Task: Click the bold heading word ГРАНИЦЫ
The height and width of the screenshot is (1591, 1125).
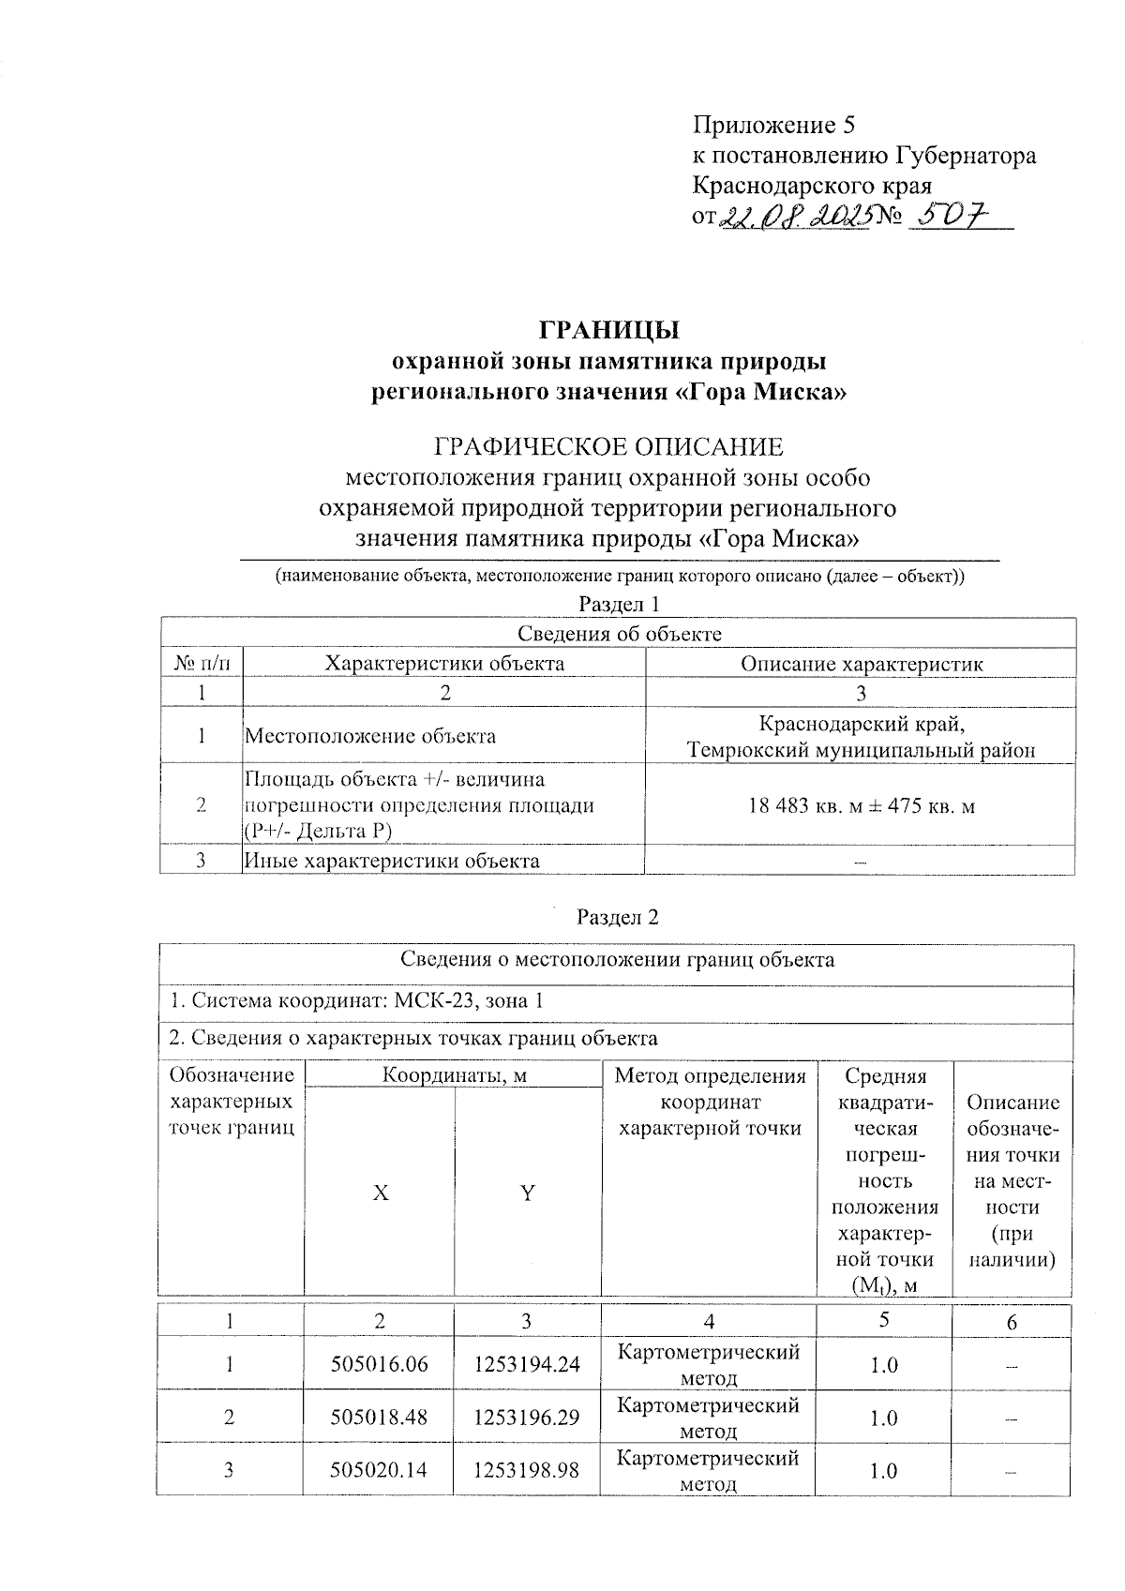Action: pyautogui.click(x=608, y=330)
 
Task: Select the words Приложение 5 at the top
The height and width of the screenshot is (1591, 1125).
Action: pyautogui.click(x=774, y=125)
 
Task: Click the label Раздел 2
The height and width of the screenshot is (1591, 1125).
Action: pyautogui.click(x=618, y=917)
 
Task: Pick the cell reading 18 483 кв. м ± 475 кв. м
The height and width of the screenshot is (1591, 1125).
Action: pyautogui.click(x=862, y=805)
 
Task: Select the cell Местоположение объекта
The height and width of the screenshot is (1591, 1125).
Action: pyautogui.click(x=371, y=736)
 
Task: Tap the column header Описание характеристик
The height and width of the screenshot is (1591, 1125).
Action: pyautogui.click(x=862, y=664)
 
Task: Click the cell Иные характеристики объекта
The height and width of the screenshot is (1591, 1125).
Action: pyautogui.click(x=392, y=861)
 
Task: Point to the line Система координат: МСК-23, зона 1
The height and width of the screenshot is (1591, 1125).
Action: pyautogui.click(x=356, y=1000)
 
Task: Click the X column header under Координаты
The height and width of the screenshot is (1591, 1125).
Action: pyautogui.click(x=380, y=1193)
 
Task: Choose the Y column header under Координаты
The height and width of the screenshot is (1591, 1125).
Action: pyautogui.click(x=528, y=1193)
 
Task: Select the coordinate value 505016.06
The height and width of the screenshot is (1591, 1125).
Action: pyautogui.click(x=379, y=1364)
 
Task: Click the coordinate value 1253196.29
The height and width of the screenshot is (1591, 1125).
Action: pyautogui.click(x=527, y=1418)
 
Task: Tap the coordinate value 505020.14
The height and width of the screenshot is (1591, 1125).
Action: pyautogui.click(x=379, y=1470)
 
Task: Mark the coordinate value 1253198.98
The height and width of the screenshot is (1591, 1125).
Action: pyautogui.click(x=527, y=1470)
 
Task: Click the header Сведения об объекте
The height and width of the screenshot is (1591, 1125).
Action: pyautogui.click(x=620, y=634)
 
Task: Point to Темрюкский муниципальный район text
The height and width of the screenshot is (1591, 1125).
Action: pyautogui.click(x=862, y=750)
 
